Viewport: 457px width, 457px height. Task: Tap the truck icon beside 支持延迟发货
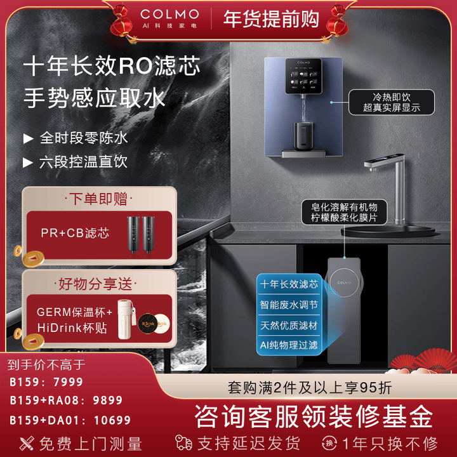point(185,442)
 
